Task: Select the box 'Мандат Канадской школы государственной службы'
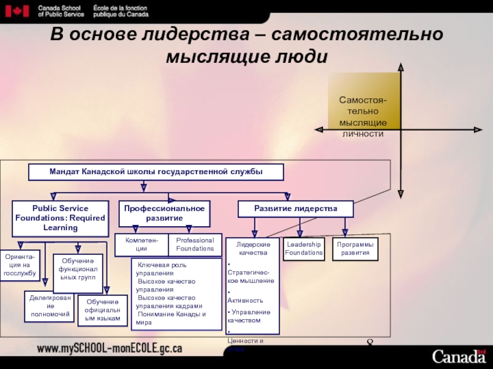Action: point(156,172)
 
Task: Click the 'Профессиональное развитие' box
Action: point(165,213)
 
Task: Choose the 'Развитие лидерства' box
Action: point(296,209)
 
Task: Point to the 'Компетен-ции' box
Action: point(141,245)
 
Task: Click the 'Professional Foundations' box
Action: point(195,245)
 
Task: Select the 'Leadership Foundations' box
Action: point(304,248)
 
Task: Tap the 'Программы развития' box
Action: point(355,248)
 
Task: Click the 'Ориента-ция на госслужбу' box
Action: point(21,264)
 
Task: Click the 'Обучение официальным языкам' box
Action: point(102,310)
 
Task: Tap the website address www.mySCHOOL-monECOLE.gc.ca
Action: point(110,349)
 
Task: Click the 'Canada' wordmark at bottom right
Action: point(458,356)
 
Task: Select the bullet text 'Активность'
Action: point(246,301)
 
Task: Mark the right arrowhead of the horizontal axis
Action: point(478,130)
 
